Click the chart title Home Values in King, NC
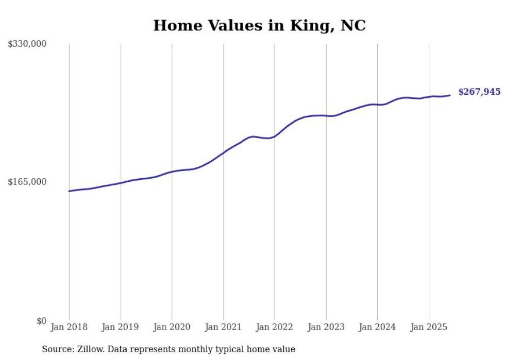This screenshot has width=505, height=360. [259, 25]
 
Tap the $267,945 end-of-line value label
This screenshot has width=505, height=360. [479, 92]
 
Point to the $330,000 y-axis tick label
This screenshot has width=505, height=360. [27, 44]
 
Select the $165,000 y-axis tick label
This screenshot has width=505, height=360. [27, 182]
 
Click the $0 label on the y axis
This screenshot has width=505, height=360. [41, 321]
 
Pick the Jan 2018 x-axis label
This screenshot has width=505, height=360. [69, 327]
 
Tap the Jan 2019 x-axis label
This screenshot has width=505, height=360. [121, 327]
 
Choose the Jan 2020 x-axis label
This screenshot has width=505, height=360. [172, 327]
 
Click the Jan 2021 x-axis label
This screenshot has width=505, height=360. [223, 327]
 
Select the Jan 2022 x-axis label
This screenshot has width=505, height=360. [275, 327]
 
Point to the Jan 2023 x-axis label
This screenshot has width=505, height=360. [326, 327]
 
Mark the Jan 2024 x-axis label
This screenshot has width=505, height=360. [377, 327]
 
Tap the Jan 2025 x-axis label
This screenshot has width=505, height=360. [429, 327]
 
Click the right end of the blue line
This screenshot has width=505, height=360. [450, 95]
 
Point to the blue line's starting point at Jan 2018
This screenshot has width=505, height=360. [69, 191]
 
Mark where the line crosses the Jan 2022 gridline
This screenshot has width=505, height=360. [275, 136]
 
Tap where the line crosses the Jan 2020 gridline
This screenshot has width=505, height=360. [172, 172]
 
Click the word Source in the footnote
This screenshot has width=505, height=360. [57, 349]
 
